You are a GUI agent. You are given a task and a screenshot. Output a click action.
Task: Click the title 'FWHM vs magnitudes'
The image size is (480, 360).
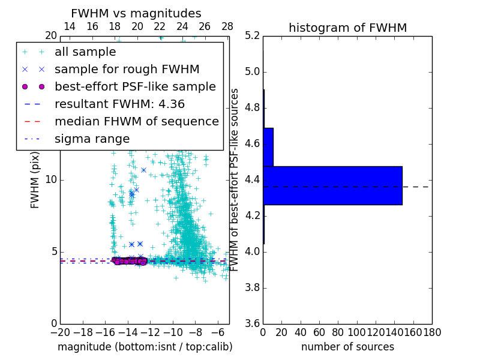136,13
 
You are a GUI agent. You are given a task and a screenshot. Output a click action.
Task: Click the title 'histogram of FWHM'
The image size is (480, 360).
347,28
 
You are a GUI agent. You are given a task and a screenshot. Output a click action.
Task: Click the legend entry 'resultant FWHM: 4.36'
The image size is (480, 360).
119,104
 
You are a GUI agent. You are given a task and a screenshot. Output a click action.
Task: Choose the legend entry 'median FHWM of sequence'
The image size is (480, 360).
136,121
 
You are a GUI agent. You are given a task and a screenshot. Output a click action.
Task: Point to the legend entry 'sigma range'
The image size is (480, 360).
92,139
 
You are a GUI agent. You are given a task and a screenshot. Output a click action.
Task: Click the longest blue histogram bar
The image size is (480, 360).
332,185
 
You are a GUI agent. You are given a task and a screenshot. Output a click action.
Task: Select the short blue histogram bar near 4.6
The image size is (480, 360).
268,147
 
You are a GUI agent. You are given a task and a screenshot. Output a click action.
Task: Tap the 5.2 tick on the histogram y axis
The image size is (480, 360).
253,36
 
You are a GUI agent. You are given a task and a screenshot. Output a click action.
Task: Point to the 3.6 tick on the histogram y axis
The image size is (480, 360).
253,323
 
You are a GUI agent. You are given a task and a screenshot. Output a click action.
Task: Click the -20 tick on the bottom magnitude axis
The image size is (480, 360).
60,332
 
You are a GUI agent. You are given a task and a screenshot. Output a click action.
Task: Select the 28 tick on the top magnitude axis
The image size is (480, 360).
227,26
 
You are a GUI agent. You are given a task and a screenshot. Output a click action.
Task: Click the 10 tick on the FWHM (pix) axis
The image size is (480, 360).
52,180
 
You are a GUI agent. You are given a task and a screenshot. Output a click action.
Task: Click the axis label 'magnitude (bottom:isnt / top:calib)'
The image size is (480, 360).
145,347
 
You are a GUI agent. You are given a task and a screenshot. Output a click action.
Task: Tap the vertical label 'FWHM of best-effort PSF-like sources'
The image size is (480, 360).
235,179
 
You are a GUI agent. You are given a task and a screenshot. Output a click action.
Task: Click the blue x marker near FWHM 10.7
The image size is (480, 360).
143,170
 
